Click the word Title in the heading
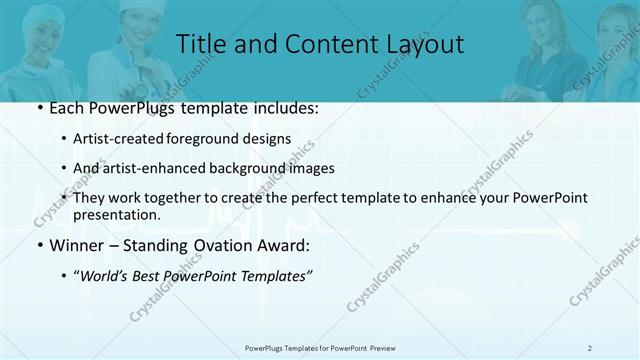199,44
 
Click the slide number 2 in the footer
590,348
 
